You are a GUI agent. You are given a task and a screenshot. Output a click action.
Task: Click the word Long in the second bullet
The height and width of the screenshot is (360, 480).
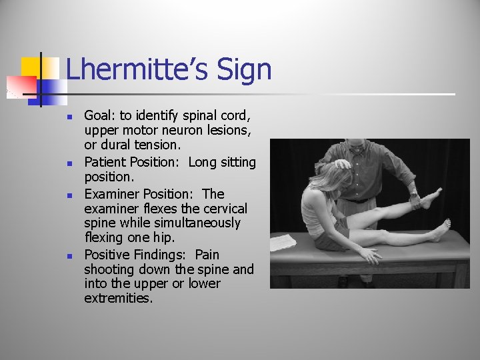pyautogui.click(x=203, y=162)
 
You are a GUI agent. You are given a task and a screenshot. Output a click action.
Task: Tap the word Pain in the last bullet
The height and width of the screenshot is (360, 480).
pyautogui.click(x=207, y=255)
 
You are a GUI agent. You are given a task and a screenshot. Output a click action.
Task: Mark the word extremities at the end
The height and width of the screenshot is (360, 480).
pyautogui.click(x=118, y=298)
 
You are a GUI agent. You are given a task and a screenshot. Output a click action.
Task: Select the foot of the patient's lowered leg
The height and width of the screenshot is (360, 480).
pyautogui.click(x=441, y=231)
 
